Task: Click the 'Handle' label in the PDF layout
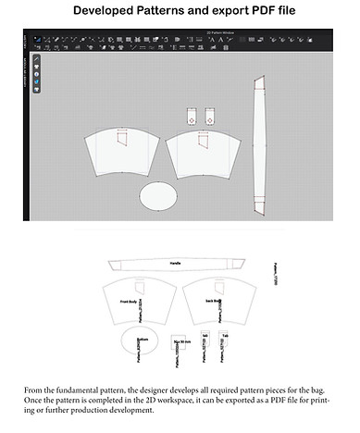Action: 176,264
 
